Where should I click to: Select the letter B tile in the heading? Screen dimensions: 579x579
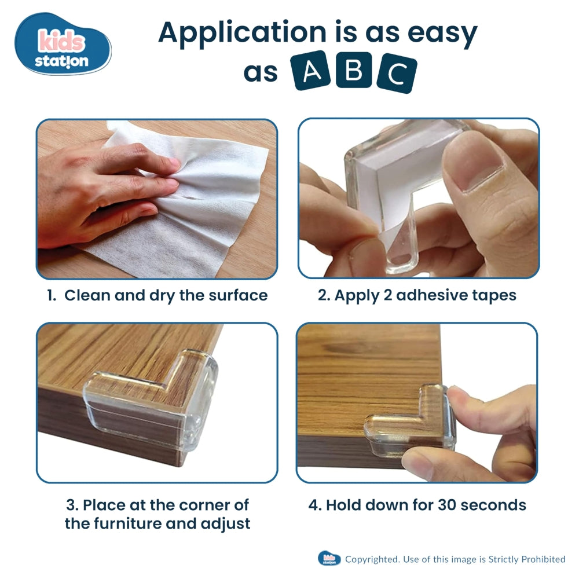(x=353, y=70)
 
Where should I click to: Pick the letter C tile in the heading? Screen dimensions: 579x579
(x=397, y=74)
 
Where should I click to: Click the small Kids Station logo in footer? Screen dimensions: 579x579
(x=329, y=559)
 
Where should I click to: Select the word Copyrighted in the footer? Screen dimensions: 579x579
(x=371, y=559)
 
